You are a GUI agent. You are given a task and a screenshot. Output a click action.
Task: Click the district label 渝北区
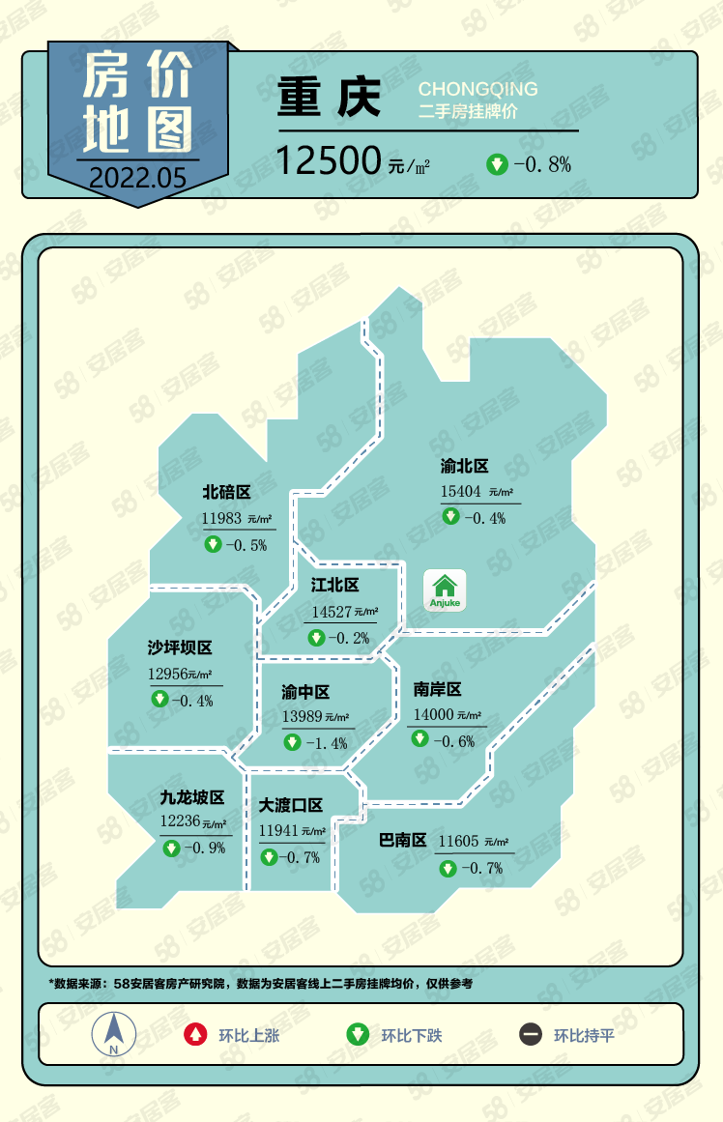pos(465,467)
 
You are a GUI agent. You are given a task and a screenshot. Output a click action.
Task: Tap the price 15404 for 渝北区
pos(461,492)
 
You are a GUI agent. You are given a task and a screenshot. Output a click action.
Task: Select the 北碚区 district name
pos(226,493)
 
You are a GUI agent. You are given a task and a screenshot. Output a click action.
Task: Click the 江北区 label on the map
pos(334,586)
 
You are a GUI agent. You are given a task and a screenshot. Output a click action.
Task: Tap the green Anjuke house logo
pos(445,590)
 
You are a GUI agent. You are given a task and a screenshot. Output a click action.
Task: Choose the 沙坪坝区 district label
pos(180,648)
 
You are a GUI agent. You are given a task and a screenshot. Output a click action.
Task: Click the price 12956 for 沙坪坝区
pos(166,674)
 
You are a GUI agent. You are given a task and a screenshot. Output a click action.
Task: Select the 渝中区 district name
pos(305,692)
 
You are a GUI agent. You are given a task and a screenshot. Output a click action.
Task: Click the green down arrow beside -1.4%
pos(292,742)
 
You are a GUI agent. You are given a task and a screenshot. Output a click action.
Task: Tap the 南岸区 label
pos(437,689)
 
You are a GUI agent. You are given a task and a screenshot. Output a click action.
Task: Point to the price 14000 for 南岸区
pos(432,715)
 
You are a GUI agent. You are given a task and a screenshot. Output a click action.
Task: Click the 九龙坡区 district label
pos(192,798)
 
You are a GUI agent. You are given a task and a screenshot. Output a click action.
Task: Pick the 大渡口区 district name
pos(291,805)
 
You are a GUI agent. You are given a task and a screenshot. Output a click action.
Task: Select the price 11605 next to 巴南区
pos(458,842)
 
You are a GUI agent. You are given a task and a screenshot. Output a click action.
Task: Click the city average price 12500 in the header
pos(327,160)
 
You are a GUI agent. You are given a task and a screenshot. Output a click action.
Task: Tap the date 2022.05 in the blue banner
pos(136,177)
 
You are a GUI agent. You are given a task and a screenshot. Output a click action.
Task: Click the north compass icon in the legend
pos(114,1034)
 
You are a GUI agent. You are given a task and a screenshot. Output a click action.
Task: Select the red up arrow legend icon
pos(196,1035)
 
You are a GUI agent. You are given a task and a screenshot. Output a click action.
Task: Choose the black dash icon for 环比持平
pos(531,1035)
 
